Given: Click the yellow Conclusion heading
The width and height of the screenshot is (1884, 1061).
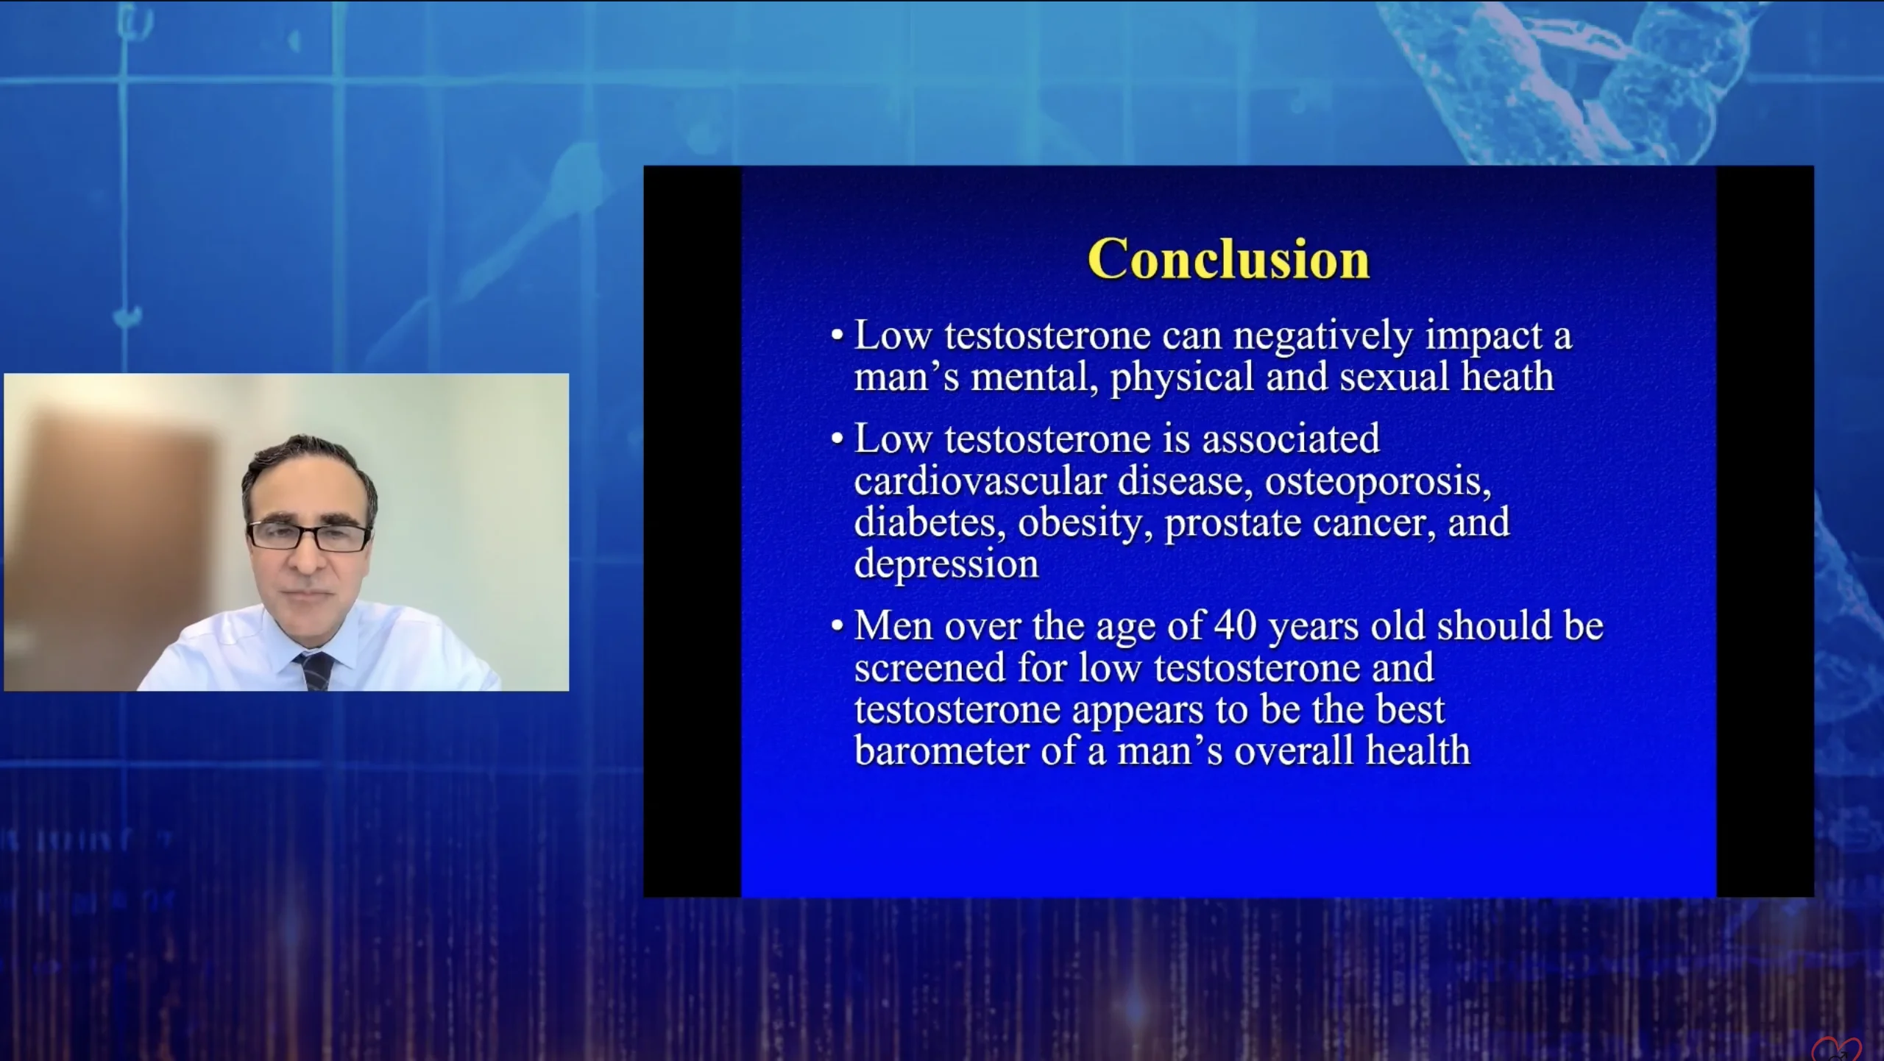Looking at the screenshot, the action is [x=1228, y=259].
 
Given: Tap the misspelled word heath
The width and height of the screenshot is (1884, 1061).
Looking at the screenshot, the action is [x=1507, y=377].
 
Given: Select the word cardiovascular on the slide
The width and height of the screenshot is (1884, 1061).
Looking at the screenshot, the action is [x=980, y=481].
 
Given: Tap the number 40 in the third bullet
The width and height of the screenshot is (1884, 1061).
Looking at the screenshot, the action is [x=1235, y=626].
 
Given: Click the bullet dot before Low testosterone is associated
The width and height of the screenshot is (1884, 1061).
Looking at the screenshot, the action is [x=837, y=439].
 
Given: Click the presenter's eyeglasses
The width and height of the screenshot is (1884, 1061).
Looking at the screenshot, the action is [x=309, y=536].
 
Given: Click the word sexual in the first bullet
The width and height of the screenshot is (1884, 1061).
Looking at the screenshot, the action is [x=1395, y=377].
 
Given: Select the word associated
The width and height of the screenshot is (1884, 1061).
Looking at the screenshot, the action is [x=1291, y=439].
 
